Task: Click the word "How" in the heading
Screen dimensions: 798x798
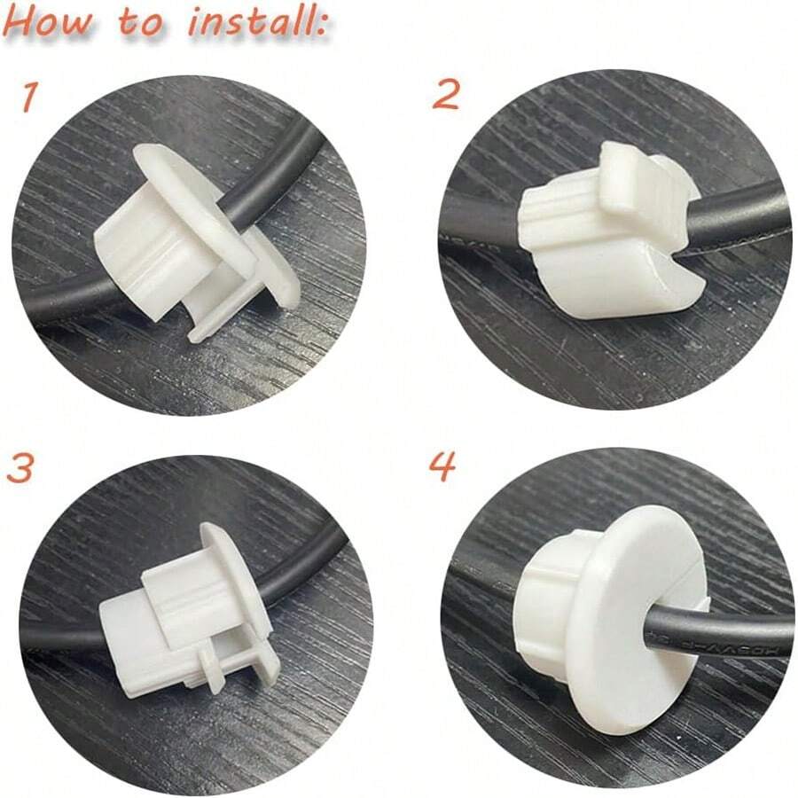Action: [51, 23]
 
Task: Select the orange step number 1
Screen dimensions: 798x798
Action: [29, 96]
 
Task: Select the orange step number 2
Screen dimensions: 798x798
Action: [445, 93]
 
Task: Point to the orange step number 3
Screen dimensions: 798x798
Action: [20, 467]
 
